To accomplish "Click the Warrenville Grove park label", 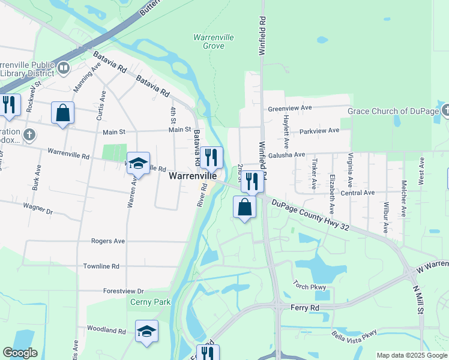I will pyautogui.click(x=213, y=41).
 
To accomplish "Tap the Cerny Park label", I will pyautogui.click(x=151, y=302).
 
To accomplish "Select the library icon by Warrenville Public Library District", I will pyautogui.click(x=64, y=68).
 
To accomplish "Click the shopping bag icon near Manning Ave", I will pyautogui.click(x=63, y=112).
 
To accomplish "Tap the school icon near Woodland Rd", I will pyautogui.click(x=147, y=331).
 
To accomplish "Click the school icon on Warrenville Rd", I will pyautogui.click(x=138, y=163).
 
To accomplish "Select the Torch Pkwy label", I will pyautogui.click(x=309, y=287).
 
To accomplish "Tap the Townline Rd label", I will pyautogui.click(x=101, y=266).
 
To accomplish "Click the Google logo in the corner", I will pyautogui.click(x=20, y=353).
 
